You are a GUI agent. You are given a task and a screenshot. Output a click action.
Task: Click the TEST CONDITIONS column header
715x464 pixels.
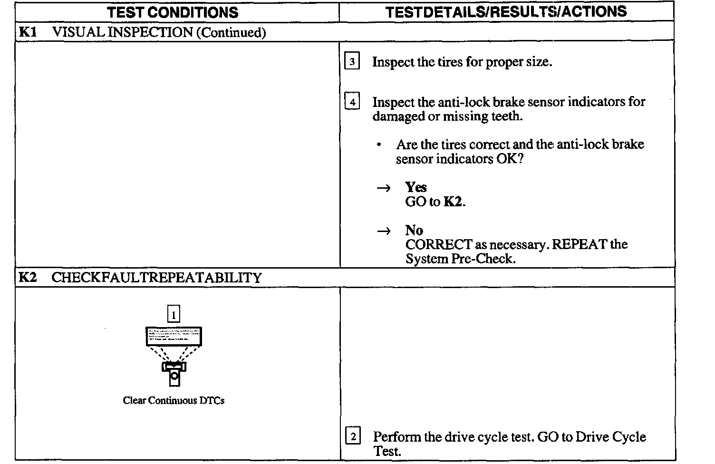pos(173,12)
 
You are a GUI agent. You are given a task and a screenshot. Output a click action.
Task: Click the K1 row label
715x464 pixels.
pos(27,32)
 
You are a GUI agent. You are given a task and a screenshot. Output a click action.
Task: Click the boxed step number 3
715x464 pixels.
pos(352,62)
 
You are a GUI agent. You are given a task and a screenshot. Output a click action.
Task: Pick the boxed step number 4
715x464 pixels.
pos(352,102)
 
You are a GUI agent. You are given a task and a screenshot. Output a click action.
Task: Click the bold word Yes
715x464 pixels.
pos(416,187)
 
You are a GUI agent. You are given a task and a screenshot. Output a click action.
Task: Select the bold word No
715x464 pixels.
pos(414,231)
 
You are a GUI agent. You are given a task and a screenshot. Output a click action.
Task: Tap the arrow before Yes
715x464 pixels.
pos(383,188)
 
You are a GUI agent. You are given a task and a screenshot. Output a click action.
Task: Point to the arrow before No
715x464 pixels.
pos(383,231)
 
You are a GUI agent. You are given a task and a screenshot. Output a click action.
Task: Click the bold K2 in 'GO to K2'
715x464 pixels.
pos(453,202)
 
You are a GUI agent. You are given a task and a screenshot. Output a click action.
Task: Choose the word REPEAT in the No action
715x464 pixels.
pos(580,244)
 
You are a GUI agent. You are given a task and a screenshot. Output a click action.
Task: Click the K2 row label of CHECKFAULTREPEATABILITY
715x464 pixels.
pos(27,278)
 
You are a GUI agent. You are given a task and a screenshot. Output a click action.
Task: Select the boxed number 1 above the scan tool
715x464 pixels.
pos(174,314)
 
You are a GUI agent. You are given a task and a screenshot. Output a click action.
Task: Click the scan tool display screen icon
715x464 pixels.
pos(174,336)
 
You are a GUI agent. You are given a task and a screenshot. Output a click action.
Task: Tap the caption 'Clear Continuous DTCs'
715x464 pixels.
pos(174,400)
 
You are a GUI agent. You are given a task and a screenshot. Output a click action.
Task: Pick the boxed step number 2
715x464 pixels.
pos(352,436)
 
